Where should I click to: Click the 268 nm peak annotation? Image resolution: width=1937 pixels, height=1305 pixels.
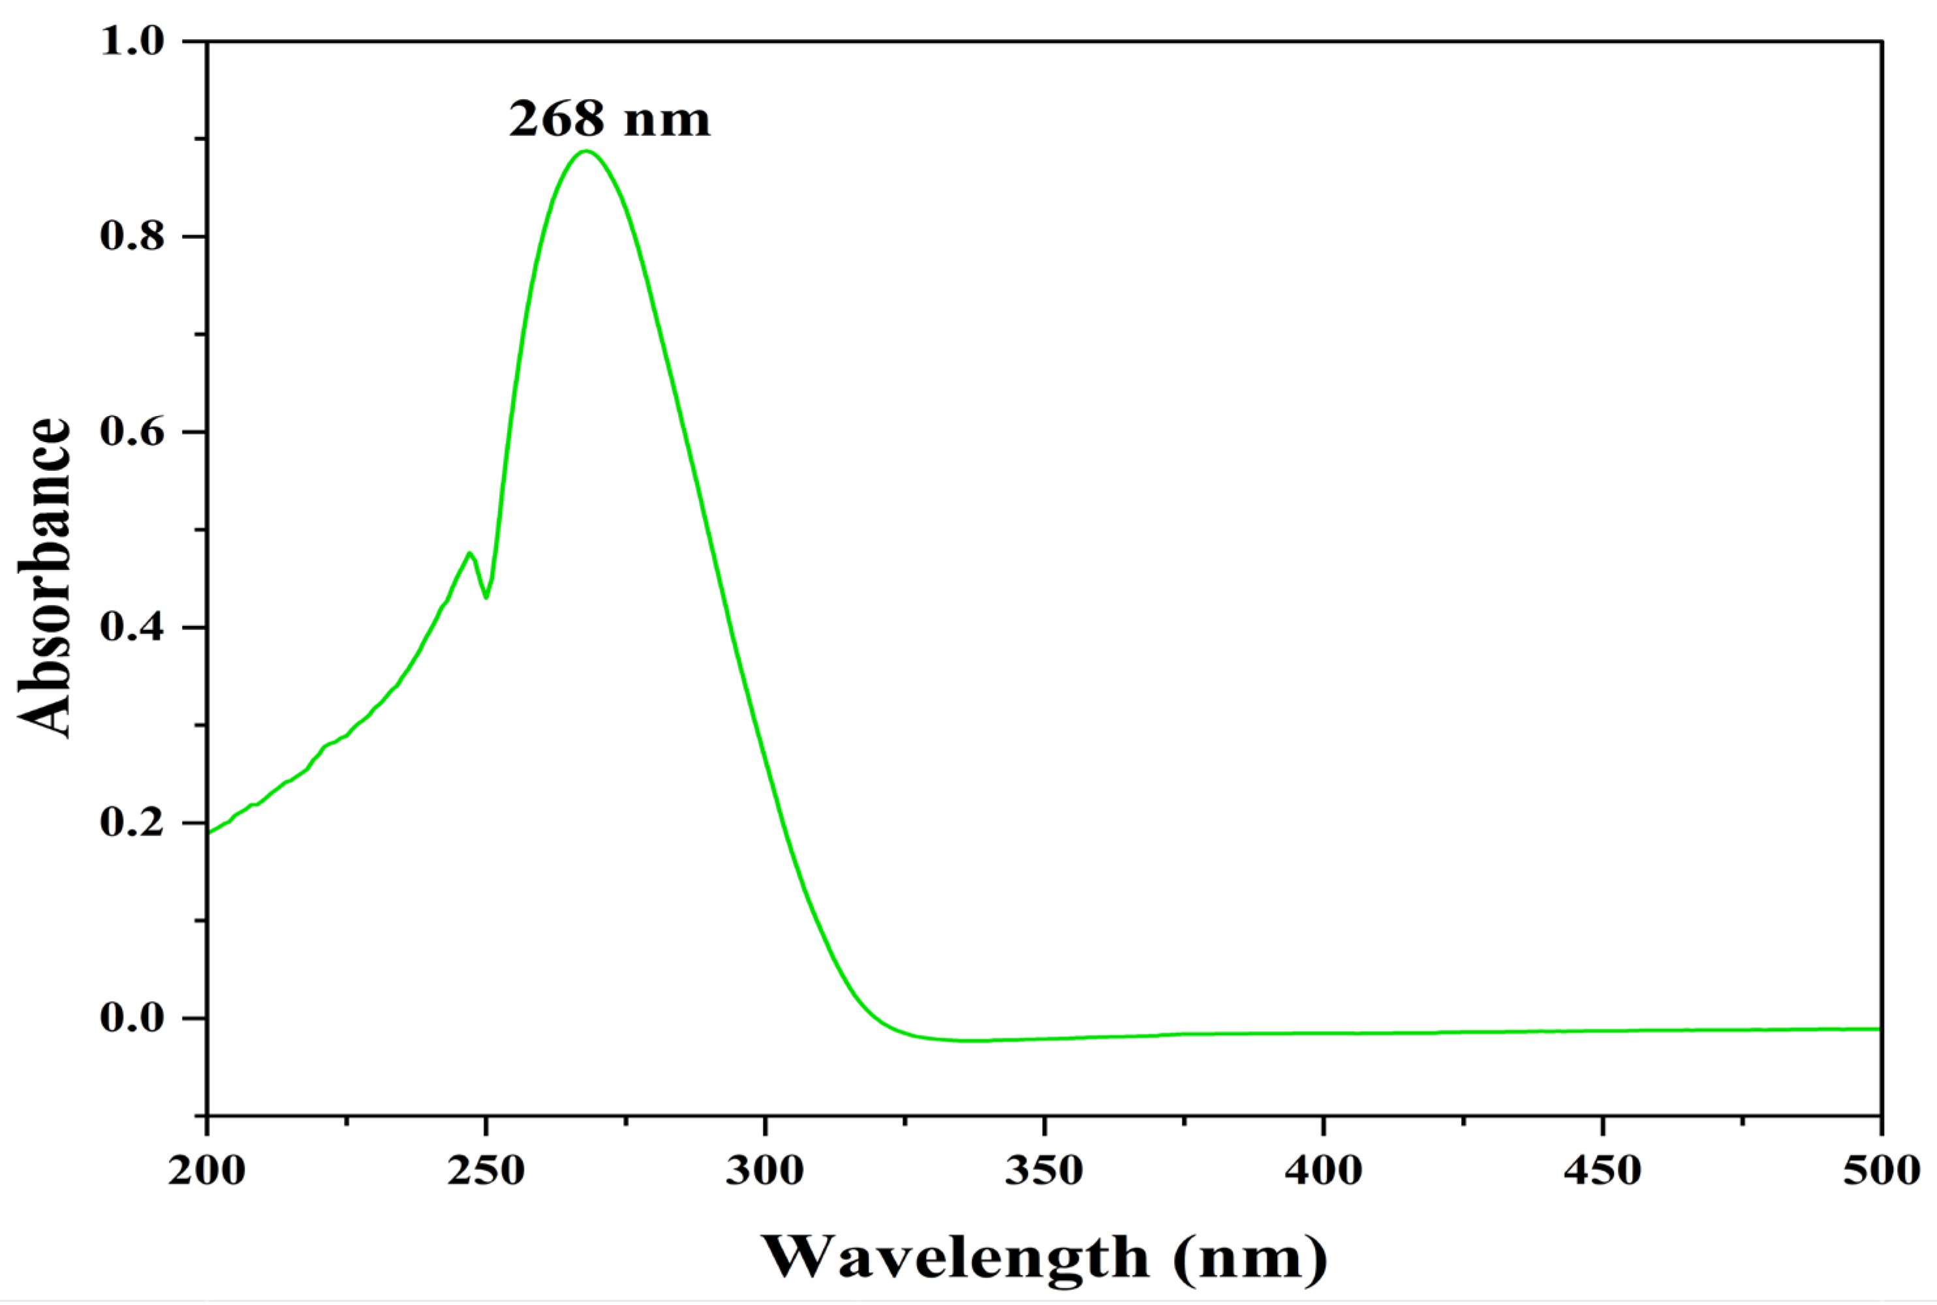click(610, 119)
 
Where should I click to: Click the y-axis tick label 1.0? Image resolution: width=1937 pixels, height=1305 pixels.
click(133, 41)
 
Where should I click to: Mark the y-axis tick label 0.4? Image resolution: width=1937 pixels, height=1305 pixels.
click(133, 627)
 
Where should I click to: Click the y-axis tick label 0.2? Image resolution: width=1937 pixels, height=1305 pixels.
click(133, 822)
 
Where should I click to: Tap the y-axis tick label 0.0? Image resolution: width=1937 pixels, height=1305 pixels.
click(133, 1018)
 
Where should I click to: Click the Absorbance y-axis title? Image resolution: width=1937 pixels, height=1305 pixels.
click(43, 578)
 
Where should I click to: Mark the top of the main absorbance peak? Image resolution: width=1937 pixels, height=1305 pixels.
click(587, 151)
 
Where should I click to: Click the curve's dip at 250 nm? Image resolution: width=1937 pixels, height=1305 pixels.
click(486, 597)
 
